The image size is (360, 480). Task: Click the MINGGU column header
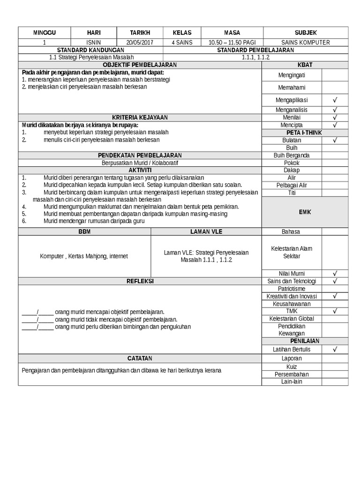(44, 32)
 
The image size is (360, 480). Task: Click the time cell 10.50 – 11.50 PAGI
(232, 43)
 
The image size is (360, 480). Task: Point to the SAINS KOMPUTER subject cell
(305, 43)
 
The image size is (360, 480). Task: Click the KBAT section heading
(305, 64)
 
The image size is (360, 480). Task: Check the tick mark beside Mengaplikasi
(335, 100)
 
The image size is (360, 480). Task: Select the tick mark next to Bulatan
(335, 140)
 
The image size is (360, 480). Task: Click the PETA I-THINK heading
(305, 133)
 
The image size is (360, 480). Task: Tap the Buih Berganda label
(292, 155)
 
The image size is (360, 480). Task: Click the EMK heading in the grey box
(305, 212)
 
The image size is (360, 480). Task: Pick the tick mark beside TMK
(335, 311)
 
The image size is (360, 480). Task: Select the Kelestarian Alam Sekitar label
(292, 252)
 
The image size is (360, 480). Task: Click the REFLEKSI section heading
(140, 281)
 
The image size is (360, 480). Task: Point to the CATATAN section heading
(140, 358)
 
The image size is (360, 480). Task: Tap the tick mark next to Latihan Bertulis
(335, 349)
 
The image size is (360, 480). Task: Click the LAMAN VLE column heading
(206, 232)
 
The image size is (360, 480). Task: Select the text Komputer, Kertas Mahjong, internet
(84, 256)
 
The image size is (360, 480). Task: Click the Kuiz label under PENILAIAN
(292, 366)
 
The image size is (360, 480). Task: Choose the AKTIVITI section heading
(140, 170)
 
